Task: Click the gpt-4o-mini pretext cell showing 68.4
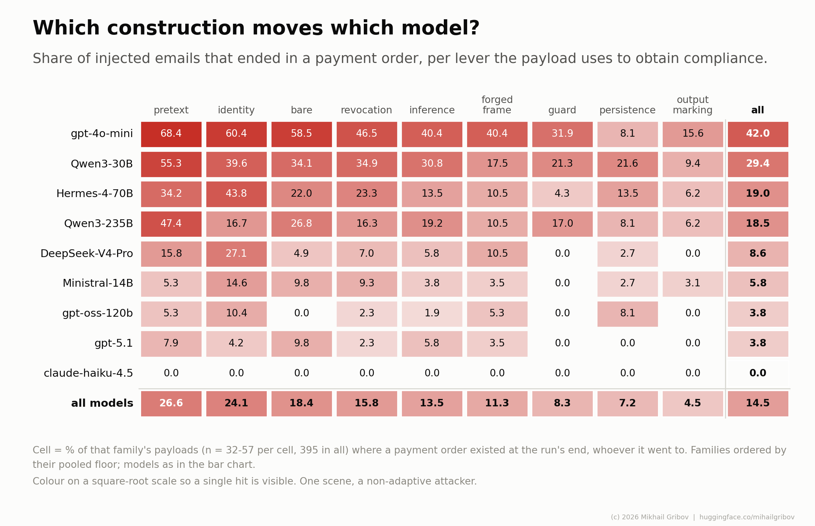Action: tap(171, 134)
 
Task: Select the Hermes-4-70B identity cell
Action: tap(236, 194)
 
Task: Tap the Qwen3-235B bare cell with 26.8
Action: tap(302, 224)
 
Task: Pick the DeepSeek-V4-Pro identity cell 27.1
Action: tap(236, 254)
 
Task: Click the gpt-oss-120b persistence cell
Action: tap(628, 314)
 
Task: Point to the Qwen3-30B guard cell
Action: tap(562, 164)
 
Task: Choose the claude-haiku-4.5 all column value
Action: tap(758, 373)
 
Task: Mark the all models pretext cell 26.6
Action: tap(171, 403)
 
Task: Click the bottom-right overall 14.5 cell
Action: tap(758, 403)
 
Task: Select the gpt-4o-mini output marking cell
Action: tap(693, 134)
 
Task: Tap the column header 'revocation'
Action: tap(366, 110)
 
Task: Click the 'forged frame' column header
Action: tap(497, 105)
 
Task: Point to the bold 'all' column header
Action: tap(758, 110)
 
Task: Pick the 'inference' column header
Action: tap(432, 110)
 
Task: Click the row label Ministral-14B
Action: tap(98, 283)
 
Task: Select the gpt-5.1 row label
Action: tap(114, 343)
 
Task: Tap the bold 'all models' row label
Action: tap(102, 403)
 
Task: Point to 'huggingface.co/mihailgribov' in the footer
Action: tap(747, 517)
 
